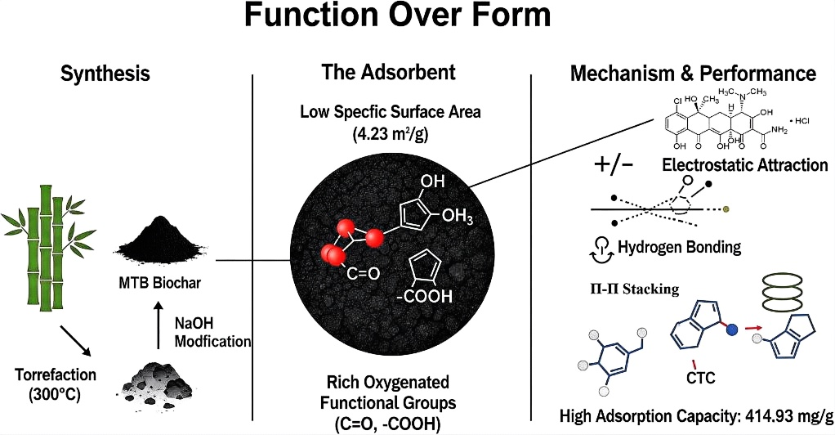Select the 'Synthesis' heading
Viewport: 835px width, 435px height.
coord(105,74)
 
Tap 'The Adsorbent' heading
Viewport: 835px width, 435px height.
coord(388,72)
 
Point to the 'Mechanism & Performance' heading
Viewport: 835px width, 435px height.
coord(692,74)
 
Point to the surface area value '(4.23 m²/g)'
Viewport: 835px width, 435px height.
coord(389,134)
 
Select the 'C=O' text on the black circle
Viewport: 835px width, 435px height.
coord(363,274)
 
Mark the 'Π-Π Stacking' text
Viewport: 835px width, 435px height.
coord(627,289)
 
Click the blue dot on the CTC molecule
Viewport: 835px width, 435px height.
coord(732,328)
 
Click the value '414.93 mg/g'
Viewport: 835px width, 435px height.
coord(781,416)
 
